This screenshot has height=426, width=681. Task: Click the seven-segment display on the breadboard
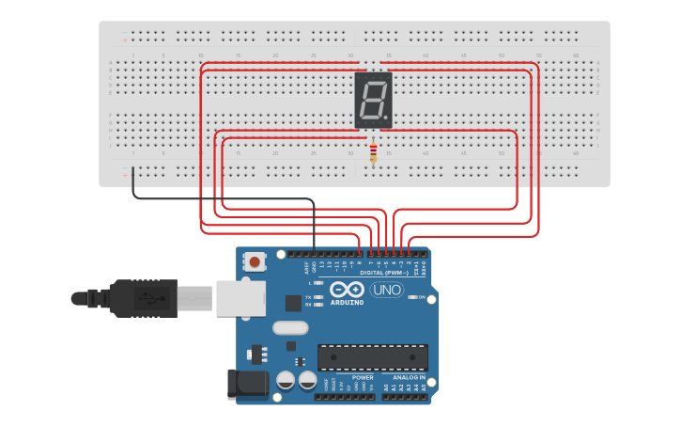(x=373, y=101)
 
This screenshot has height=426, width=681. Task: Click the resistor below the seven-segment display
(x=374, y=151)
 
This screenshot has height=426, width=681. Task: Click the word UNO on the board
(x=387, y=290)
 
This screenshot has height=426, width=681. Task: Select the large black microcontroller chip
(x=372, y=357)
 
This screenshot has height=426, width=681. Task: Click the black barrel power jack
(x=242, y=384)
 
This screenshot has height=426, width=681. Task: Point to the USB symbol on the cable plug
(x=149, y=299)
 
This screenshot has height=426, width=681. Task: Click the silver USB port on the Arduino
(x=240, y=297)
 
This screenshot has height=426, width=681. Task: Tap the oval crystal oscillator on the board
(x=289, y=328)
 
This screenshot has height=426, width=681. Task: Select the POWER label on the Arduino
(x=363, y=377)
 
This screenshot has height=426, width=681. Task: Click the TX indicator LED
(x=320, y=297)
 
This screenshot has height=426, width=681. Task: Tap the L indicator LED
(x=320, y=282)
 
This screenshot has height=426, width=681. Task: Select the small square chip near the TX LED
(x=293, y=303)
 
